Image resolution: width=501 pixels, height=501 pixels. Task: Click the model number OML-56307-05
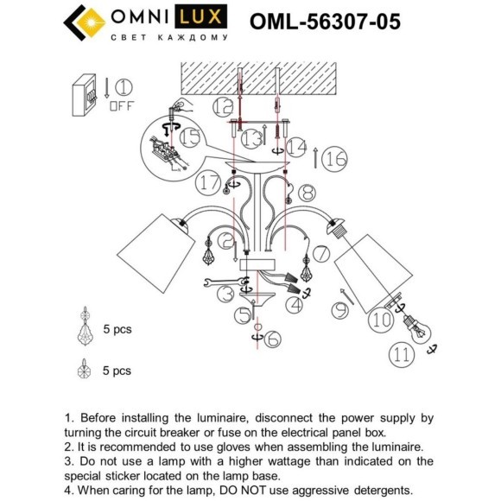pos(324,21)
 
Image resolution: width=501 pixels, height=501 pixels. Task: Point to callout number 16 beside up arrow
pos(336,158)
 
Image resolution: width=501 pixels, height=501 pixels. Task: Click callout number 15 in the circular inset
pos(189,136)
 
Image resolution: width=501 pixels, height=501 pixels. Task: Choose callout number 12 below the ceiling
pos(224,107)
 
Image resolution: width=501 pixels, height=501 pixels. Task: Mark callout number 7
pos(320,253)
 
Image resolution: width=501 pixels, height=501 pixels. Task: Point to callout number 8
pos(308,193)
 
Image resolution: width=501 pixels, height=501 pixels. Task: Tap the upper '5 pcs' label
pos(117,329)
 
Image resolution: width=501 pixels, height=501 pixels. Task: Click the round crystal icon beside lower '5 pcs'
pos(85,371)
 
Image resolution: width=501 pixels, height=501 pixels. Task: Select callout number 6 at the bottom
pos(270,340)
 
